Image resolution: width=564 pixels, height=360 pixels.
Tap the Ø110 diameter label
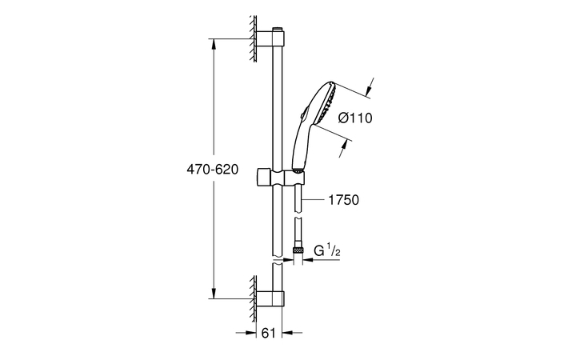(355, 118)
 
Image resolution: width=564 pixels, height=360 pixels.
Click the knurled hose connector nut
(298, 250)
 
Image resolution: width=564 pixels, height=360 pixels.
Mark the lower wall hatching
(253, 295)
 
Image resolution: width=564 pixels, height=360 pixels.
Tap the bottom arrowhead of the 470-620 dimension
(214, 294)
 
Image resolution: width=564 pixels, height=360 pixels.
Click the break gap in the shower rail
(278, 261)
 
